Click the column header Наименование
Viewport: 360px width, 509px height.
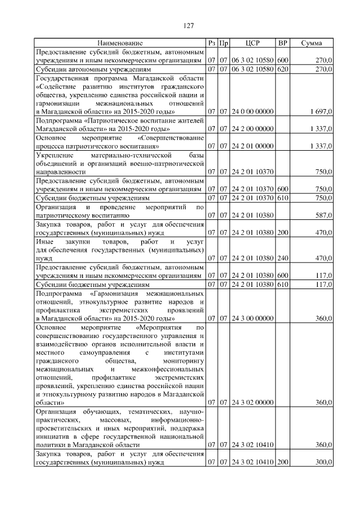pyautogui.click(x=120, y=43)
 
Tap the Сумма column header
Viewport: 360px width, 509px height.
pyautogui.click(x=311, y=43)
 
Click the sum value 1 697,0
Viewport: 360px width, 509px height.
pyautogui.click(x=321, y=112)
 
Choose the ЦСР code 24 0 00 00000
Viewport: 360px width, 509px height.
pyautogui.click(x=253, y=112)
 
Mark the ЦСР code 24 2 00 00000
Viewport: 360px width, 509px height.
pyautogui.click(x=253, y=129)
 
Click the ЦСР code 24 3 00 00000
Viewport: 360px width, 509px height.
pyautogui.click(x=253, y=318)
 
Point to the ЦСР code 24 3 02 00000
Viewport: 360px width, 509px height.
pyautogui.click(x=253, y=403)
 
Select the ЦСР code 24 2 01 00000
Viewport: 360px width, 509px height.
pyautogui.click(x=253, y=146)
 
